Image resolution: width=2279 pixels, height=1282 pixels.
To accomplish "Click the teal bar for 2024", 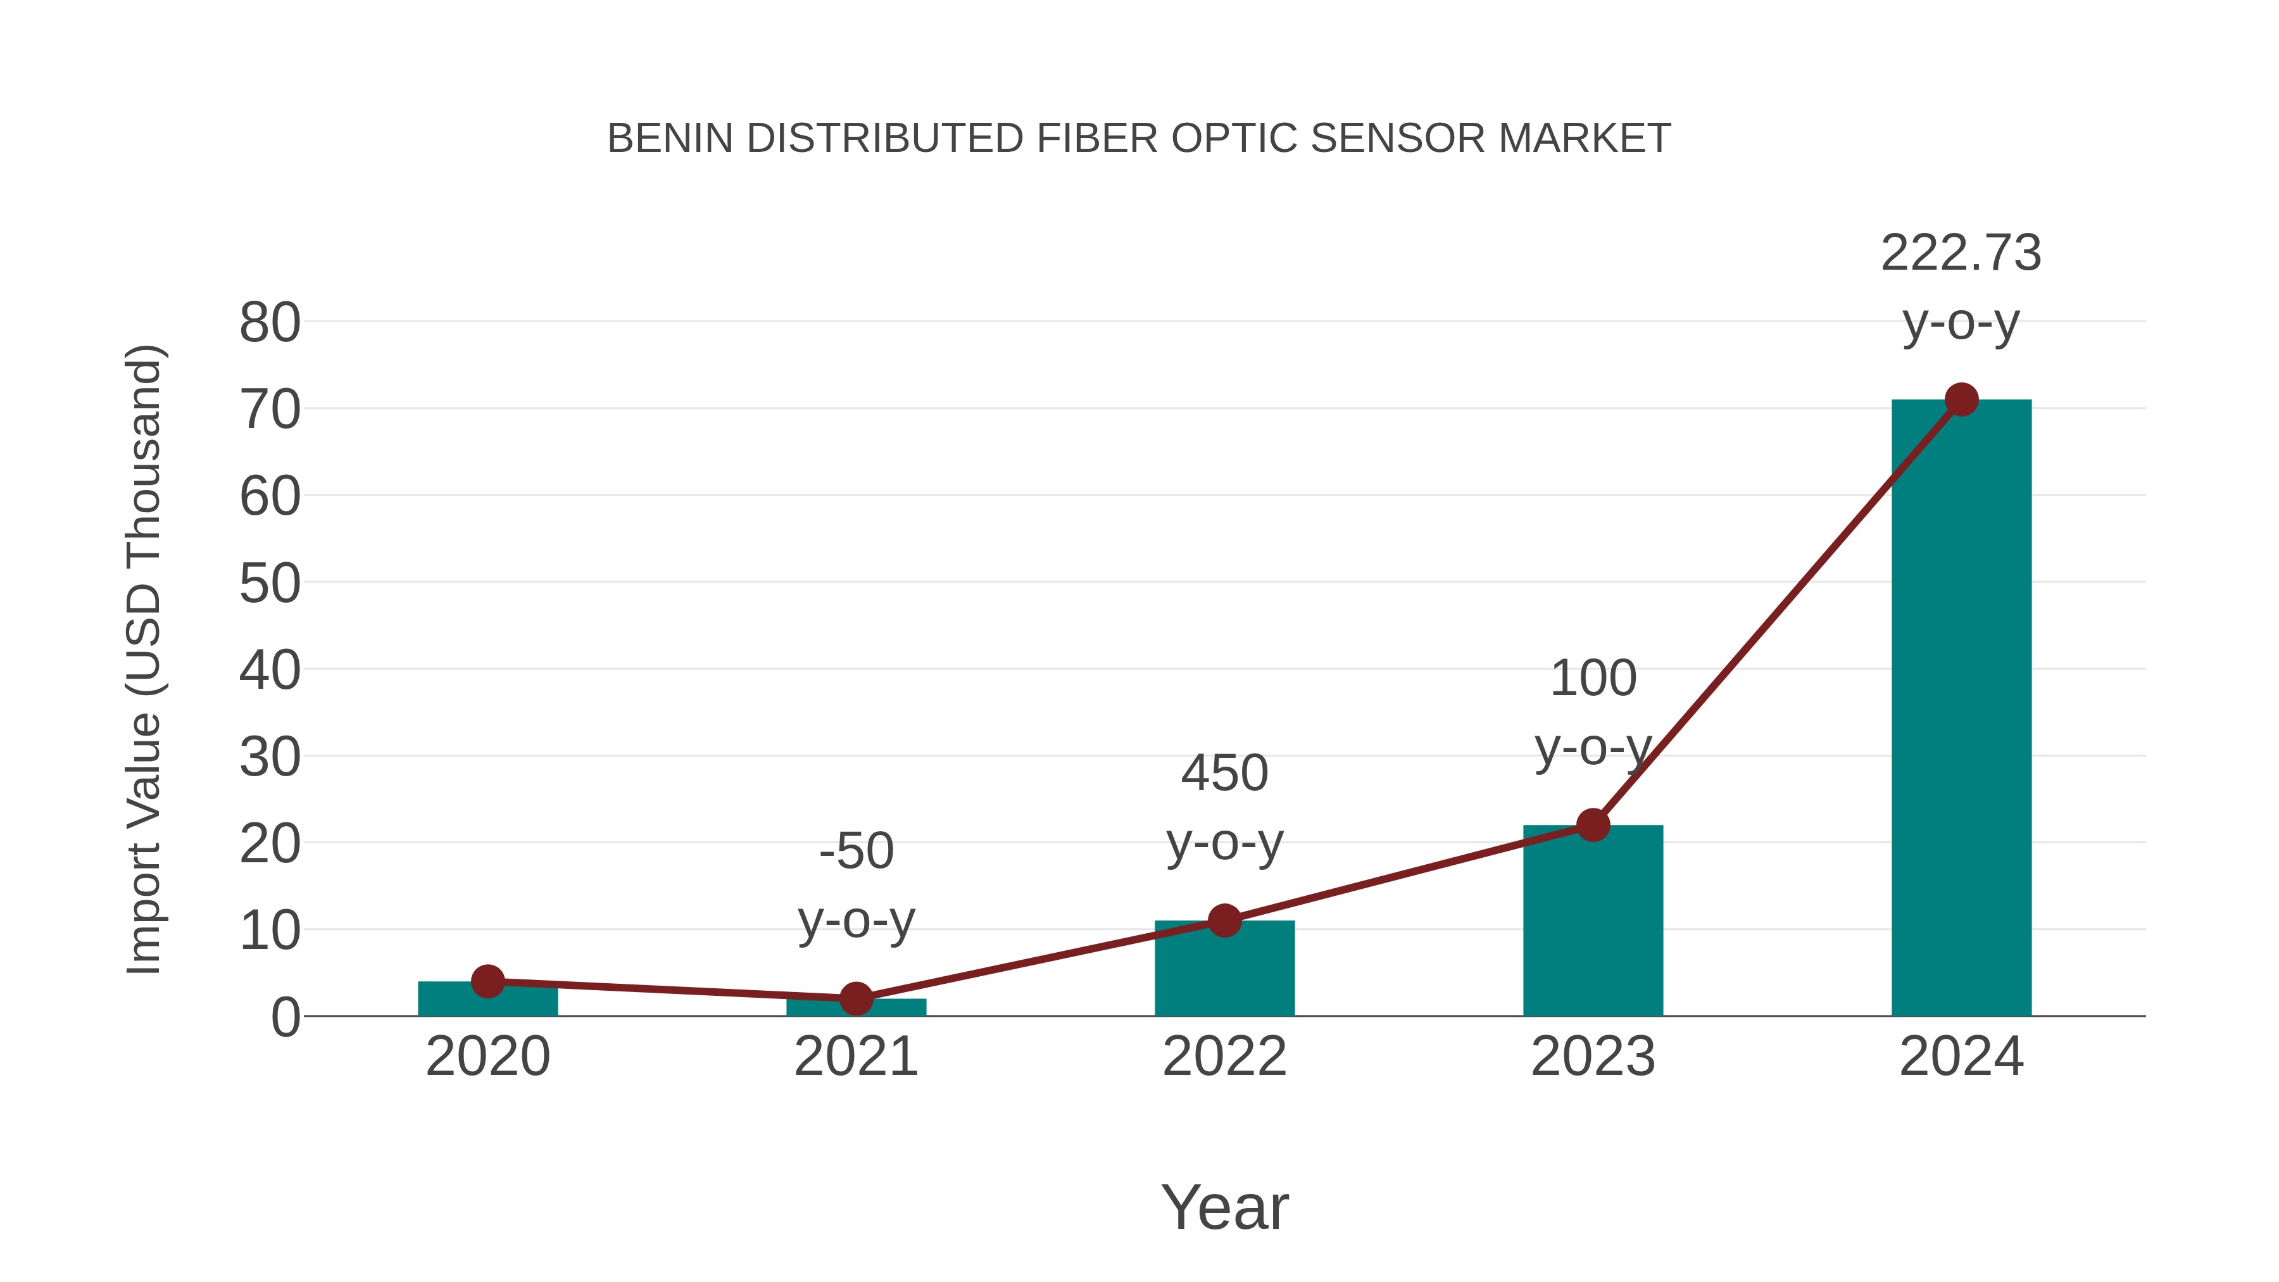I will [x=1961, y=708].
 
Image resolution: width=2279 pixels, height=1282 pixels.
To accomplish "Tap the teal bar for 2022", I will [x=1224, y=973].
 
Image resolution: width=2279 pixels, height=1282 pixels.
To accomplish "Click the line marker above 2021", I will [x=855, y=998].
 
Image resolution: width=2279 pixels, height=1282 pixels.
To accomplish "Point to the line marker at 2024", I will [x=1961, y=400].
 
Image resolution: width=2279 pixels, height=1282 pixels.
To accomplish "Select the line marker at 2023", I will [x=1593, y=824].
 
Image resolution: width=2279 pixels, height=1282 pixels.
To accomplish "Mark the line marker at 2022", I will [x=1224, y=920].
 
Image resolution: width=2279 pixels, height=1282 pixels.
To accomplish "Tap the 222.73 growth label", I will [x=1961, y=254].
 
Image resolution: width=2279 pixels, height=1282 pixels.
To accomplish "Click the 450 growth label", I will [x=1224, y=773].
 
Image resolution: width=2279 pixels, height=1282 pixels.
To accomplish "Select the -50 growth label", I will [x=855, y=851].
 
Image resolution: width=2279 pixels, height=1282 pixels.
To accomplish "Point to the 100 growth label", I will [x=1593, y=679].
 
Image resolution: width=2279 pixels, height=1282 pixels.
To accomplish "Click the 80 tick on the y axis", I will [x=270, y=323].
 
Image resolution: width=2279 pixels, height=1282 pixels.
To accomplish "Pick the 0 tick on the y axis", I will [x=285, y=1017].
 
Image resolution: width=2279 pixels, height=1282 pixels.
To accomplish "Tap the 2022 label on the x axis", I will [x=1224, y=1057].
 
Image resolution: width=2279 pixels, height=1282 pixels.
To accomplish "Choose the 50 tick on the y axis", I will [x=270, y=584].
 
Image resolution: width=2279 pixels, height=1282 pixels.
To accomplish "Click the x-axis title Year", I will [x=1224, y=1207].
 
